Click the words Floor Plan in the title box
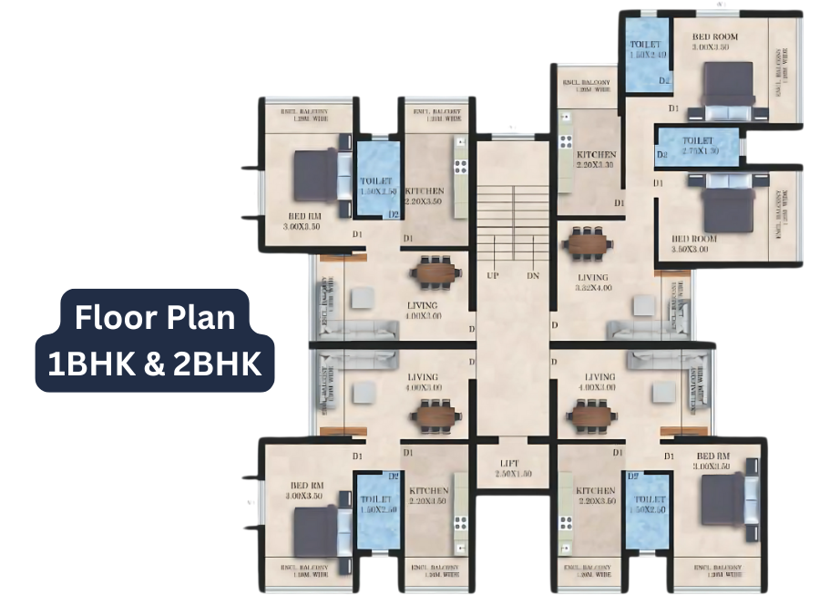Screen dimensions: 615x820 pyautogui.click(x=155, y=317)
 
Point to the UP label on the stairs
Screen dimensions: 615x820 pyautogui.click(x=492, y=275)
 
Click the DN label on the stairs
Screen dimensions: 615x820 pyautogui.click(x=533, y=275)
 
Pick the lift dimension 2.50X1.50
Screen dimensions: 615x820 pyautogui.click(x=514, y=476)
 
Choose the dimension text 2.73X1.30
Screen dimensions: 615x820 pyautogui.click(x=701, y=150)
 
